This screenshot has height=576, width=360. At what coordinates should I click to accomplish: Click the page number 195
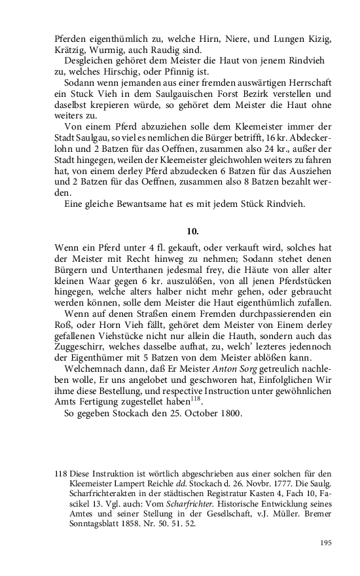(x=327, y=543)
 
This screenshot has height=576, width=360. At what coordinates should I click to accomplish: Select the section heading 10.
(x=192, y=231)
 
